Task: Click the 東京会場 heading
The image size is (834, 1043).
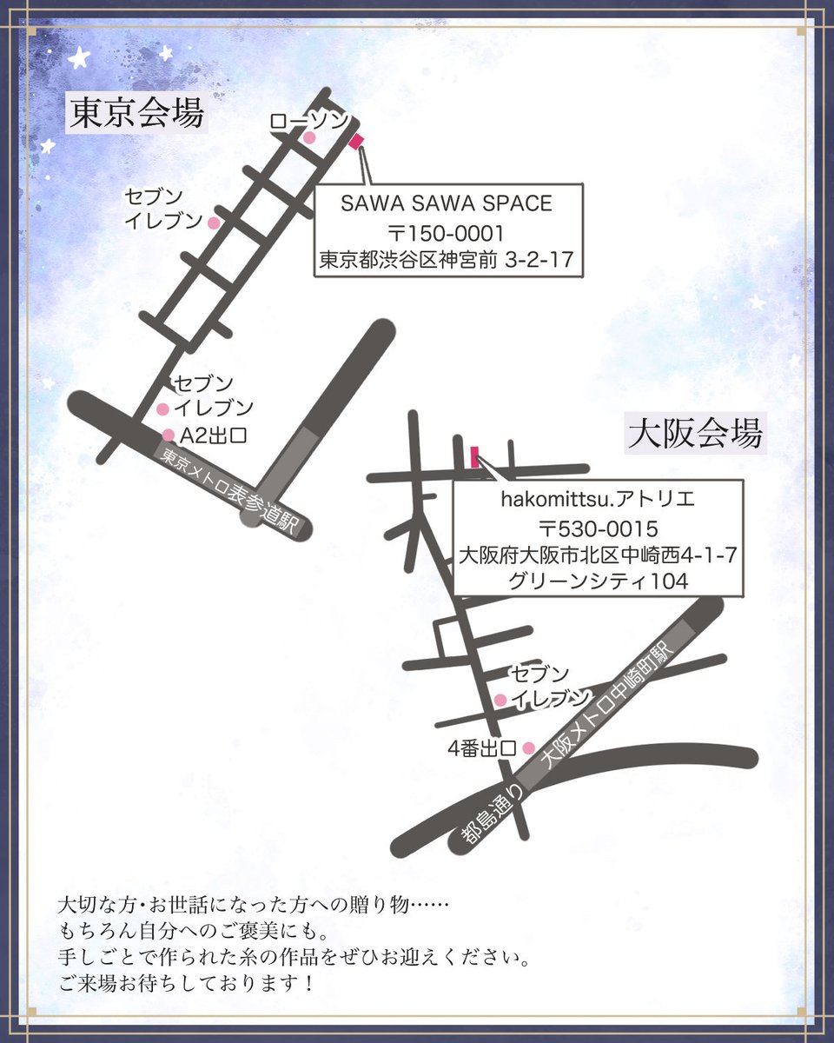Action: click(x=137, y=114)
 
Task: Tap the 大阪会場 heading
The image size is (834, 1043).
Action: click(x=695, y=432)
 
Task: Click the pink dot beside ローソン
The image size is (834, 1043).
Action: click(x=308, y=137)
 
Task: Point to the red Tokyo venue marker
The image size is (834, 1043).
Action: click(x=355, y=141)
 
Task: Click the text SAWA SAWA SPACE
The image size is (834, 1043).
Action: click(x=447, y=203)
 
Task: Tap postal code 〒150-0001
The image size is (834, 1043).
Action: click(x=447, y=232)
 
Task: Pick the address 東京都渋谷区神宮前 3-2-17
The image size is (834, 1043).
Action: click(x=447, y=260)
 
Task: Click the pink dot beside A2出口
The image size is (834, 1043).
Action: click(x=169, y=435)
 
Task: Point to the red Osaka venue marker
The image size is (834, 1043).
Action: click(x=474, y=456)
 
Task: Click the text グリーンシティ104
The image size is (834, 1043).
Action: click(x=599, y=581)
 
